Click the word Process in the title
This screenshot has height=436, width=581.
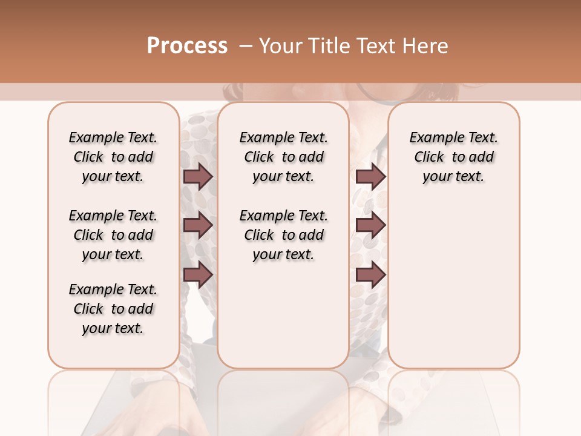coord(187,46)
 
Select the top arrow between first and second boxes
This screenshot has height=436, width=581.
coord(198,176)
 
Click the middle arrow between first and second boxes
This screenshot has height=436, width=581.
coord(198,225)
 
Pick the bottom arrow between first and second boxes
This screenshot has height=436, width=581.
coord(198,274)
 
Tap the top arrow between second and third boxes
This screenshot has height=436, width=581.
coord(370,176)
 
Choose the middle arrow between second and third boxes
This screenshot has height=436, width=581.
coord(370,225)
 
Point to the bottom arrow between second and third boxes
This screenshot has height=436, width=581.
coord(370,274)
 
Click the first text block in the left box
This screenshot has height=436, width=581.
coord(113,157)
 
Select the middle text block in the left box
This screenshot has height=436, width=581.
coord(113,235)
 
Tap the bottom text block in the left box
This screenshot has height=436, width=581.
coord(113,309)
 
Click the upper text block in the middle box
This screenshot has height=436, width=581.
coord(283,157)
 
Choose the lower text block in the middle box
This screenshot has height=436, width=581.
coord(283,235)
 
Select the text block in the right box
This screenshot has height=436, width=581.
coord(453,157)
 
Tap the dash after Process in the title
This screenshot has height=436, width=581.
coord(245,46)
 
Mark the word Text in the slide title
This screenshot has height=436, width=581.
coord(376,46)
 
